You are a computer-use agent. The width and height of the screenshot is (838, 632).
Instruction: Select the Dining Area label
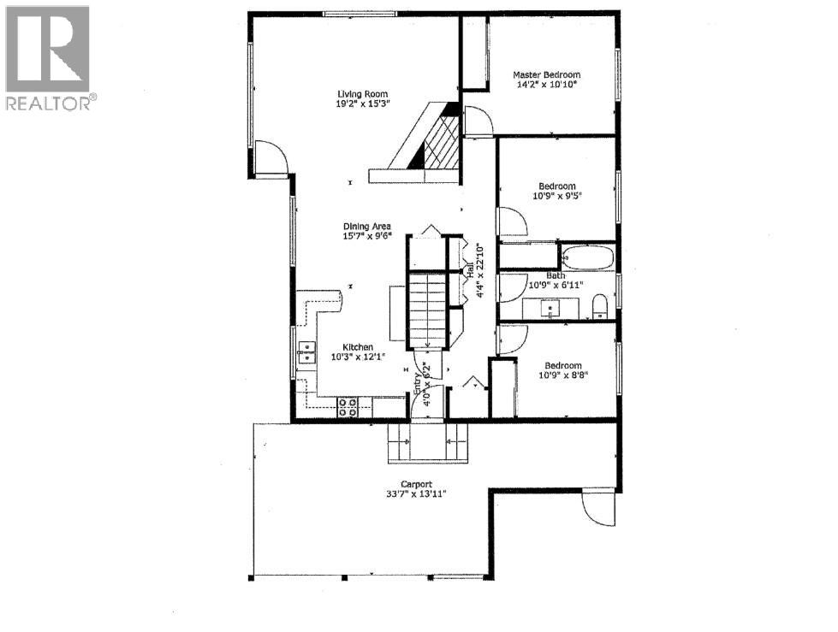367,227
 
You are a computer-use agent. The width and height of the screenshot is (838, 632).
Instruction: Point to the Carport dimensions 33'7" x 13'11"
416,493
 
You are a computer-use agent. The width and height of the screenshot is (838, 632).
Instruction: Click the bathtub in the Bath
588,256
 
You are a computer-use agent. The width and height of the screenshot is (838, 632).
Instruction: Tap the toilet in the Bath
600,305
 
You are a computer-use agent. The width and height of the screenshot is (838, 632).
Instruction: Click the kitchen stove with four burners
348,407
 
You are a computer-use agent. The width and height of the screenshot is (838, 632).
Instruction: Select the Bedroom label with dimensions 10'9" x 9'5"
556,186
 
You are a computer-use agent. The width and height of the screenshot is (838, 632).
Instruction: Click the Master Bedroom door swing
478,121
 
